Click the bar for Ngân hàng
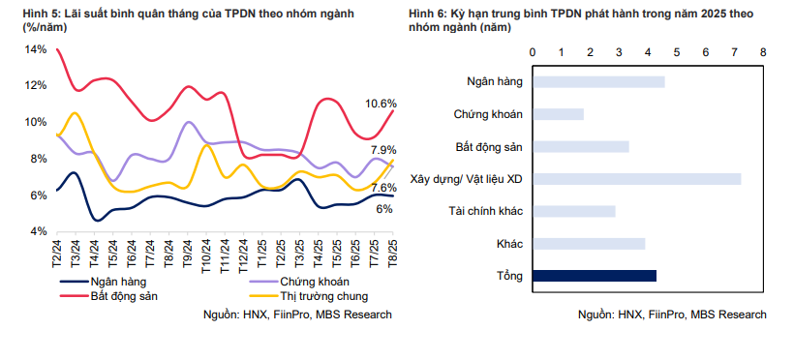(598, 81)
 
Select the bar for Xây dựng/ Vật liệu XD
(636, 178)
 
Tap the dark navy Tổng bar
(595, 276)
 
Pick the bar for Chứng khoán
(558, 114)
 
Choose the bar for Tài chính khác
(573, 211)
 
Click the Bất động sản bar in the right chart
(580, 146)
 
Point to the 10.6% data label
(381, 104)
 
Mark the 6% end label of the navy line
(383, 209)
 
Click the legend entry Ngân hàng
(117, 281)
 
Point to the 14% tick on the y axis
(35, 48)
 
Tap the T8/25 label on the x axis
(392, 254)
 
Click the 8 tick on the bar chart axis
(763, 51)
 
